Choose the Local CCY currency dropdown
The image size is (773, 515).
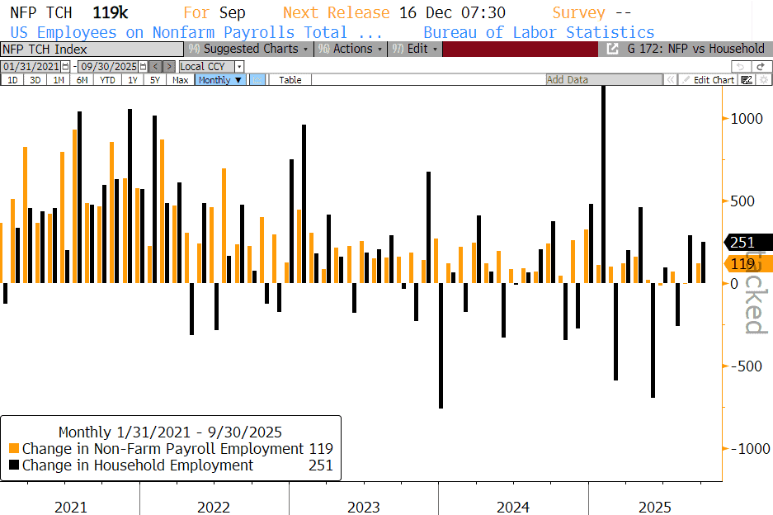(x=212, y=66)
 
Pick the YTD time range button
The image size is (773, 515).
(x=108, y=80)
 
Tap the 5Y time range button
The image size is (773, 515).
(x=155, y=80)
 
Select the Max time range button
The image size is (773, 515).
(x=180, y=80)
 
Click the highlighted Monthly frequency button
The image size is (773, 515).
(x=220, y=80)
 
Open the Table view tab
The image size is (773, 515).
(x=290, y=80)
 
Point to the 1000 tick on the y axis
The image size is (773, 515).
(x=746, y=119)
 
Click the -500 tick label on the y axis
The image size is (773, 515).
(x=746, y=366)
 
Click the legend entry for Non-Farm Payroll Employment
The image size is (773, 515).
(x=163, y=449)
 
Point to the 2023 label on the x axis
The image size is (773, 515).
(x=364, y=507)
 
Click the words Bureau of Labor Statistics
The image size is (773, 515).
(x=538, y=32)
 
